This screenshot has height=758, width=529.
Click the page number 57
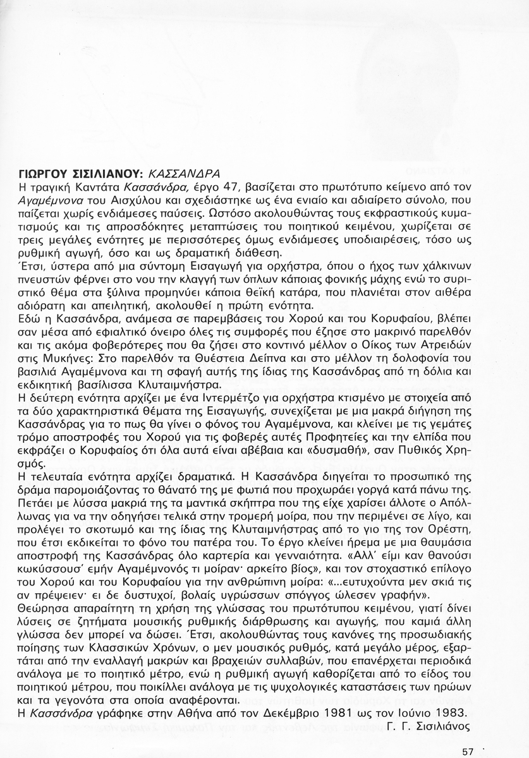point(468,752)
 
